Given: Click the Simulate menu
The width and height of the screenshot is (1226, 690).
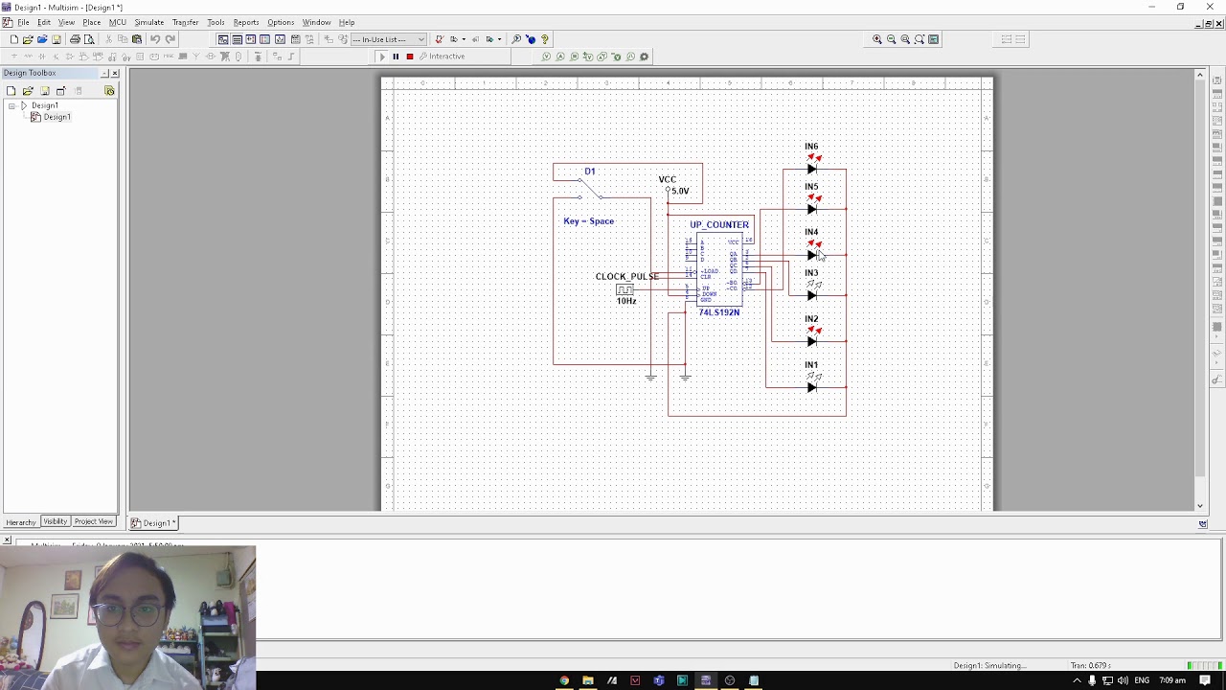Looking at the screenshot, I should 148,22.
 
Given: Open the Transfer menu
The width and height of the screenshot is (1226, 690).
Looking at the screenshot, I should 185,22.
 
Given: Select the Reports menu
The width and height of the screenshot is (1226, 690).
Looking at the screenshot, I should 246,22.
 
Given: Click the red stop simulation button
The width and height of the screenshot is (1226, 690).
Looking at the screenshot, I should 410,57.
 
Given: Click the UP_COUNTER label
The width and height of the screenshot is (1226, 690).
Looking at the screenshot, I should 719,225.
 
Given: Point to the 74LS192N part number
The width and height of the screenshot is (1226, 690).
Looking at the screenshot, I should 718,312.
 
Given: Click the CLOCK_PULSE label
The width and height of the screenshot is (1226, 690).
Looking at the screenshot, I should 627,277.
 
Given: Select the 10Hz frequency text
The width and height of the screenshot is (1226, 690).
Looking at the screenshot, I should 626,301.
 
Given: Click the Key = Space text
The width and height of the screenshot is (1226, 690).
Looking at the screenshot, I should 588,221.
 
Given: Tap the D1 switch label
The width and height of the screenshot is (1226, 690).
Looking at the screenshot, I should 590,172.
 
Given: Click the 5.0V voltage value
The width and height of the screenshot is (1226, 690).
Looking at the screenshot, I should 680,191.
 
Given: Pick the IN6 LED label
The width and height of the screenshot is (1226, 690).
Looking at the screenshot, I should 811,147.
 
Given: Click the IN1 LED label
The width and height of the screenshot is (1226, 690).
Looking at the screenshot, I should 811,365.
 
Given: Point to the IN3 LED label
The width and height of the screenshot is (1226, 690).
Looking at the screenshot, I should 811,273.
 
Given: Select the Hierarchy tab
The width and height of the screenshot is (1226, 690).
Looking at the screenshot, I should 20,522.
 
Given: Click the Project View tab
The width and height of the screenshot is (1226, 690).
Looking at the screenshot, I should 94,521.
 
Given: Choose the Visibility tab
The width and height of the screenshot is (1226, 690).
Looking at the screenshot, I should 56,521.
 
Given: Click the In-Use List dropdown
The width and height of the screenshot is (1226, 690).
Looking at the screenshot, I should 389,39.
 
